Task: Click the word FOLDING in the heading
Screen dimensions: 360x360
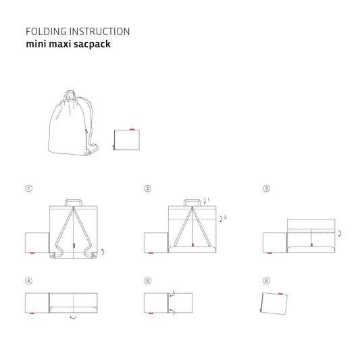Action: [x=43, y=31]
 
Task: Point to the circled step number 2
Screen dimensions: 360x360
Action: [x=147, y=188]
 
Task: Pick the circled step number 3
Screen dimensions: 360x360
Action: [x=266, y=188]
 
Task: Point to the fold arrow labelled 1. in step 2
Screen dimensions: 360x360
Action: [x=205, y=201]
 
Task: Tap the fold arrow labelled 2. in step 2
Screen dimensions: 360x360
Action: [x=220, y=218]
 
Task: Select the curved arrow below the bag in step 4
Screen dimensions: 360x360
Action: [x=73, y=317]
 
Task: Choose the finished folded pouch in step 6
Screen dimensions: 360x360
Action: [x=274, y=302]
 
